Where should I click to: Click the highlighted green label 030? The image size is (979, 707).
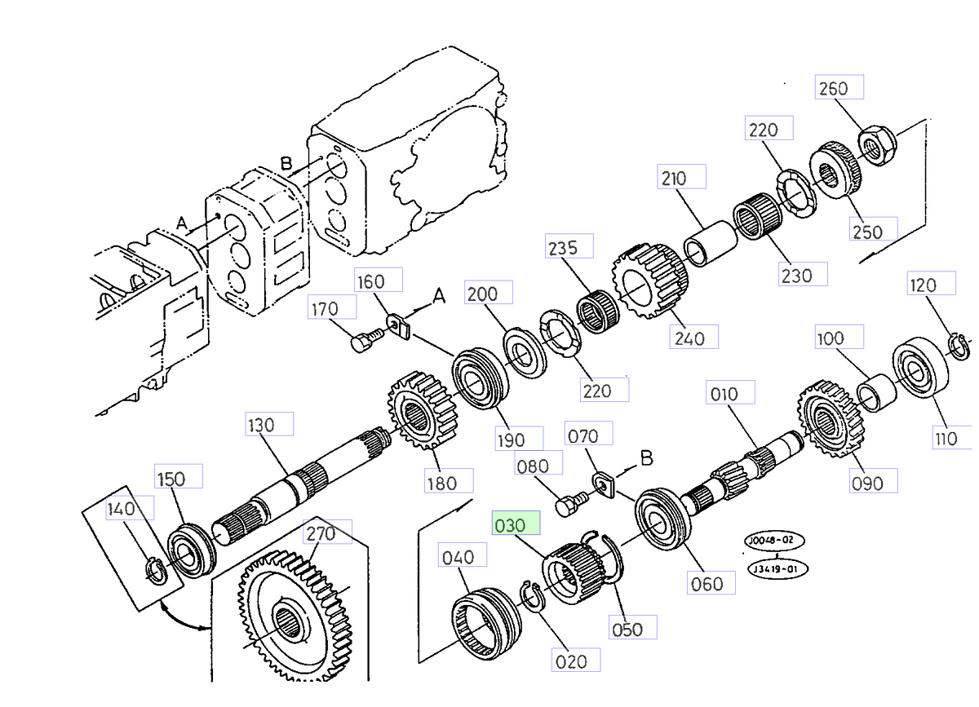[x=516, y=525]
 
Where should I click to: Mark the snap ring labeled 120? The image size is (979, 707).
[x=959, y=345]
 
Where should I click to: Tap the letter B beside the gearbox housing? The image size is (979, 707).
[x=286, y=164]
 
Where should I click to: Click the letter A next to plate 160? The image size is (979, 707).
[x=439, y=298]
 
